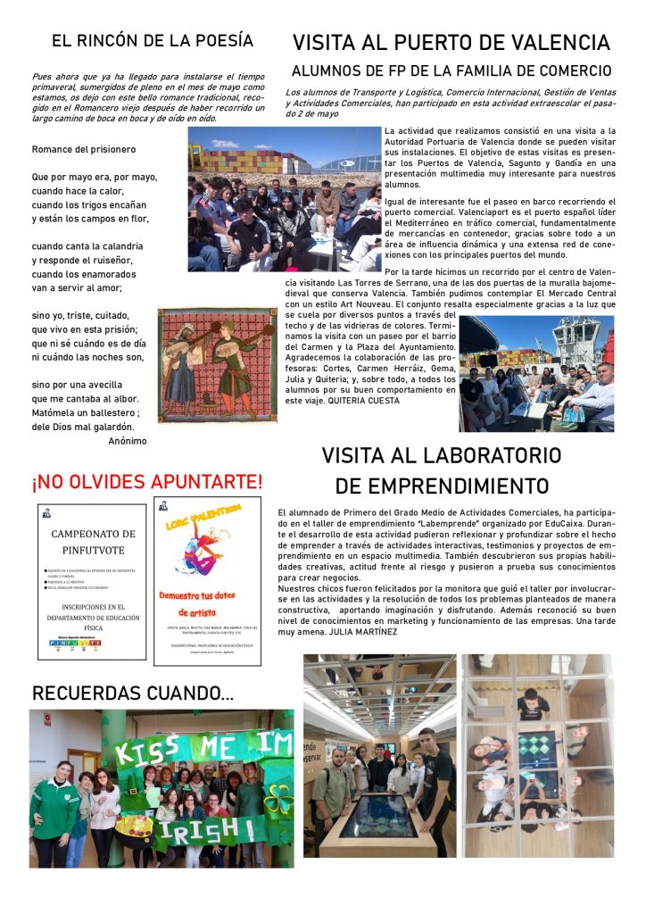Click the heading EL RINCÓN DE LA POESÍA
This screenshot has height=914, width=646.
(152, 40)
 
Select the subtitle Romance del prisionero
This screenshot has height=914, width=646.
(84, 149)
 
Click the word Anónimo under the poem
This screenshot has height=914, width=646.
(127, 440)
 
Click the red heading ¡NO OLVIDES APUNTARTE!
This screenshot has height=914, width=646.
(147, 482)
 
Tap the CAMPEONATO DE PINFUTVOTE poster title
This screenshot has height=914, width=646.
(93, 541)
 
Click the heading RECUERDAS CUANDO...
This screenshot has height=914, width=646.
(134, 694)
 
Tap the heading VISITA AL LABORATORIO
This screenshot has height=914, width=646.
(442, 455)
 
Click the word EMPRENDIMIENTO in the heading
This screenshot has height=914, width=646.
(442, 486)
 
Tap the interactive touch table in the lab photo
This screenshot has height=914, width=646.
(376, 814)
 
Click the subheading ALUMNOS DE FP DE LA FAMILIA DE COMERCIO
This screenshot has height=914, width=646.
(451, 71)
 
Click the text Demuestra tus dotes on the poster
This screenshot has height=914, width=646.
(207, 594)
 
